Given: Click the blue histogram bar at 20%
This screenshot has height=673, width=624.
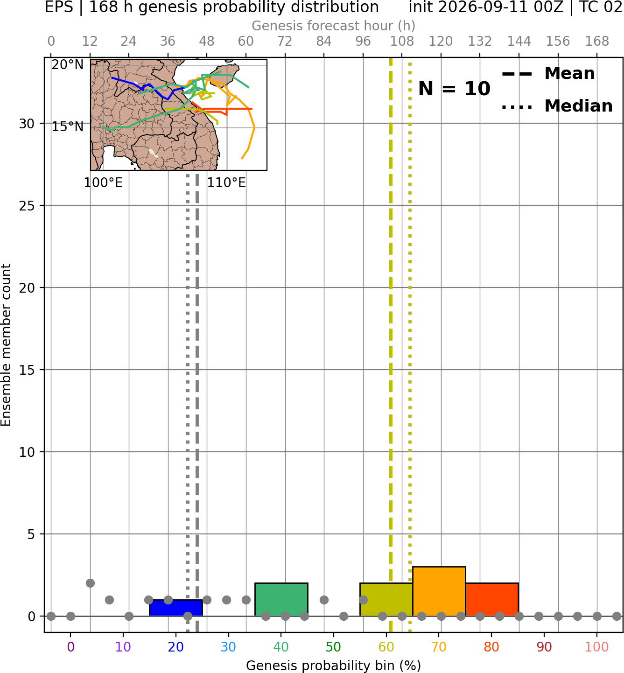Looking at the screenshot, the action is coord(176,609).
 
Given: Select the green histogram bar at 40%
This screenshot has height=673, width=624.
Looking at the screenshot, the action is coord(281,600).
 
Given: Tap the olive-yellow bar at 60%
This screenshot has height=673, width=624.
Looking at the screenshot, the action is coord(386,600).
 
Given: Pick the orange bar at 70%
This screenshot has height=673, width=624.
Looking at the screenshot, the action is coord(439,592).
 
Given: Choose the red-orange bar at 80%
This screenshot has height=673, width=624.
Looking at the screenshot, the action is coord(492,600).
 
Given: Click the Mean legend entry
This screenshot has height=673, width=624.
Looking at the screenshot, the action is coord(548,74).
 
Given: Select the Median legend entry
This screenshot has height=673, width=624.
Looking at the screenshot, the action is coord(557,106).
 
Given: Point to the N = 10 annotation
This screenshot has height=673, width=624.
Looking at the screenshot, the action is coord(454,89).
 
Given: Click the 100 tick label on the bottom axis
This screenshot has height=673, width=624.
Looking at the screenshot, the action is coord(597,647).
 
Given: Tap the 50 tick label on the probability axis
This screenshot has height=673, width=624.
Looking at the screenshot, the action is coord(334,647).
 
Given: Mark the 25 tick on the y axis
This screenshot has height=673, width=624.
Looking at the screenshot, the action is coord(27,206).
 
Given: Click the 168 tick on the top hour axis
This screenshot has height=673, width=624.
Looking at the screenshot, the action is coord(597,42).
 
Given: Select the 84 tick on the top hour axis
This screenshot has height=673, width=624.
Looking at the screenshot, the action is coord(324,42).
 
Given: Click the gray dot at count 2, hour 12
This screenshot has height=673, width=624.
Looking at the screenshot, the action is coord(90,583).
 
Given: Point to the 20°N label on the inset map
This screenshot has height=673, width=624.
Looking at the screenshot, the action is coord(68,64).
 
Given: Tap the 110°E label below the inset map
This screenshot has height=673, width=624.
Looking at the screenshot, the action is coord(226,183).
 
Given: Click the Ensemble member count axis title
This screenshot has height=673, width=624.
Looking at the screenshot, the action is coord(6,345).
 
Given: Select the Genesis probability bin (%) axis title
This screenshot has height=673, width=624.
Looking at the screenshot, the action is coord(334,666).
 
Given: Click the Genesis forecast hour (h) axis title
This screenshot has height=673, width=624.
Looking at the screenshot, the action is coord(334,26).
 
